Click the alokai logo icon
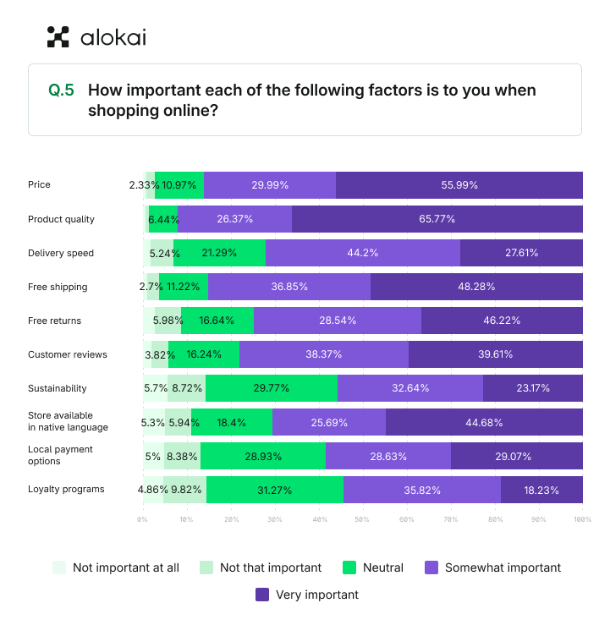(58, 36)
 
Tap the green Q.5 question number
(61, 90)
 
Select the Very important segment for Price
(459, 185)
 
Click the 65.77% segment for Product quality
(437, 219)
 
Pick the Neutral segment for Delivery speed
(219, 253)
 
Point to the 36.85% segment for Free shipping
(289, 287)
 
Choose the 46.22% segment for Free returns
(502, 321)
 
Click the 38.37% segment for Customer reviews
(324, 354)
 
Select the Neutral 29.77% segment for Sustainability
(271, 388)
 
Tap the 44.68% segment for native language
(484, 422)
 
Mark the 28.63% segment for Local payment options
(388, 456)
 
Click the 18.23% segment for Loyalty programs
(541, 490)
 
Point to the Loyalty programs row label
(66, 490)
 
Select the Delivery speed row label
(61, 253)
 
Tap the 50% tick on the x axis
(363, 518)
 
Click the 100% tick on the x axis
(581, 518)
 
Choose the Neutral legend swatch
(349, 567)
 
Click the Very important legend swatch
(262, 595)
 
